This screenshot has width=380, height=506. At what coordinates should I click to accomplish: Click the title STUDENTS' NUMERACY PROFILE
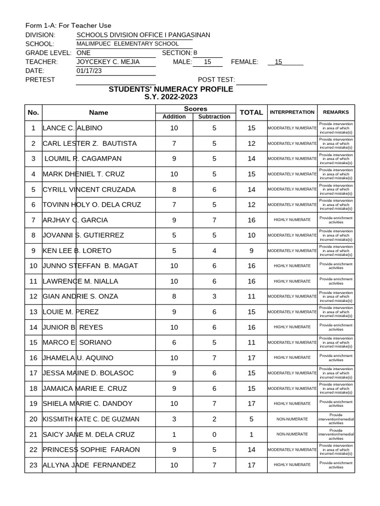(171, 89)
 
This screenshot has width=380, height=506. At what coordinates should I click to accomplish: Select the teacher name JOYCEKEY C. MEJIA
(108, 62)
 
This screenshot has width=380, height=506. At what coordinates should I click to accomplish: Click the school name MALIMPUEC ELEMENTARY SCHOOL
(127, 44)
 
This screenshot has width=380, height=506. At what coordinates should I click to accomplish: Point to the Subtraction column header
(214, 117)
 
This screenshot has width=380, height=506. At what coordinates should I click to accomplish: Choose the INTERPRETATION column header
(292, 112)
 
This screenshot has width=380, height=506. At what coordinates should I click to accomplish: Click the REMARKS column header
(336, 112)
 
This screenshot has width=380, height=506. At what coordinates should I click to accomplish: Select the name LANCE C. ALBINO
(73, 128)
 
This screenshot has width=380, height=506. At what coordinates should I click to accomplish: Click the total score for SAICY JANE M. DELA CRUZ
(251, 434)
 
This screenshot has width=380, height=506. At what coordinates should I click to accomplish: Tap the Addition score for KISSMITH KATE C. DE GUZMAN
(174, 419)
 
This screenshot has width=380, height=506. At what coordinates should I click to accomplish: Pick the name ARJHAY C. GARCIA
(75, 220)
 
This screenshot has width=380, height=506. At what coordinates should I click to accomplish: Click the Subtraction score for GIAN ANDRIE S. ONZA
(214, 296)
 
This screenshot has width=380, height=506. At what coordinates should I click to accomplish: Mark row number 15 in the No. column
(33, 342)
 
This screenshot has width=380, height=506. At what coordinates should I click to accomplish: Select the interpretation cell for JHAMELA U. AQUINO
(292, 358)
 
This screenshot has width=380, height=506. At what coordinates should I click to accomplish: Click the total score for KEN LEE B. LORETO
(251, 251)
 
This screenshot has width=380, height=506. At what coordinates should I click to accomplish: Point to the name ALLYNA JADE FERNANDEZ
(89, 465)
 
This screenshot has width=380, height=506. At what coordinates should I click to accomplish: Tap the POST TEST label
(216, 80)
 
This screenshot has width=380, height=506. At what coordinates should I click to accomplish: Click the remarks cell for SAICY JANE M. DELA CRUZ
(336, 434)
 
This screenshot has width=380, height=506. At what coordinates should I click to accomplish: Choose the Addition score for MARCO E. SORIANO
(174, 342)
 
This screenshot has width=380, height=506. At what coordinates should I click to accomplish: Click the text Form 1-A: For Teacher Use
(68, 25)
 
